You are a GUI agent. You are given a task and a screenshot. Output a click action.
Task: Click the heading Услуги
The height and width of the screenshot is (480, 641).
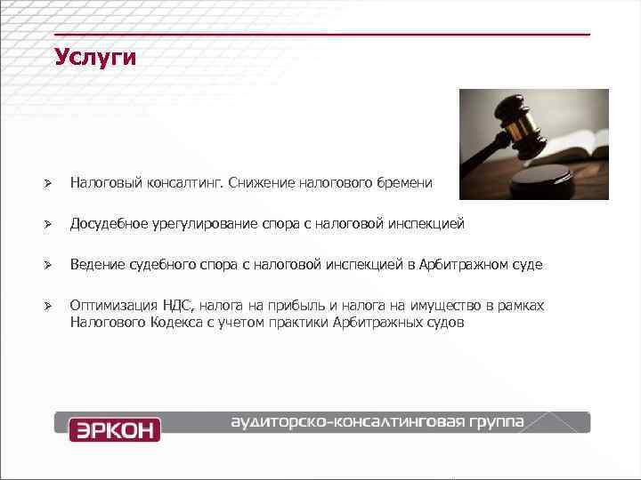click(x=94, y=59)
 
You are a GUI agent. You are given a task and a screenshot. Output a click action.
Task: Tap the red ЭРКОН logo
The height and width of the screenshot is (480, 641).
click(x=115, y=429)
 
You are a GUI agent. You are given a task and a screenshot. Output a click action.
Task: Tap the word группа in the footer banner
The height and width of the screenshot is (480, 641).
click(x=496, y=420)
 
